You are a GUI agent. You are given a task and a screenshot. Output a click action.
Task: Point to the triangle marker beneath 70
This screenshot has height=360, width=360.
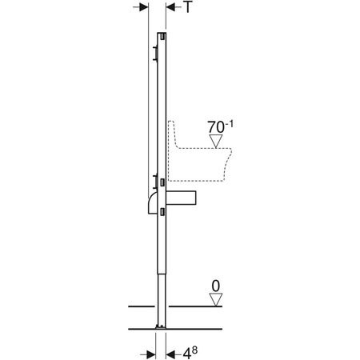pos(216,142)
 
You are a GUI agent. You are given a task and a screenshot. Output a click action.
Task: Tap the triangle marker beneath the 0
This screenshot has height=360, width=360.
pos(214,299)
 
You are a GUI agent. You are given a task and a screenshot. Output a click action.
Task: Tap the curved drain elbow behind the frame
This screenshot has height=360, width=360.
pos(151,202)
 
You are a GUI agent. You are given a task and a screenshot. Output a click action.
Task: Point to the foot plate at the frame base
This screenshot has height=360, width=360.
pos(160,327)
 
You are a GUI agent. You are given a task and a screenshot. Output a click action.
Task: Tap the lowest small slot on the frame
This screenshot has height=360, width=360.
pos(162,211)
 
